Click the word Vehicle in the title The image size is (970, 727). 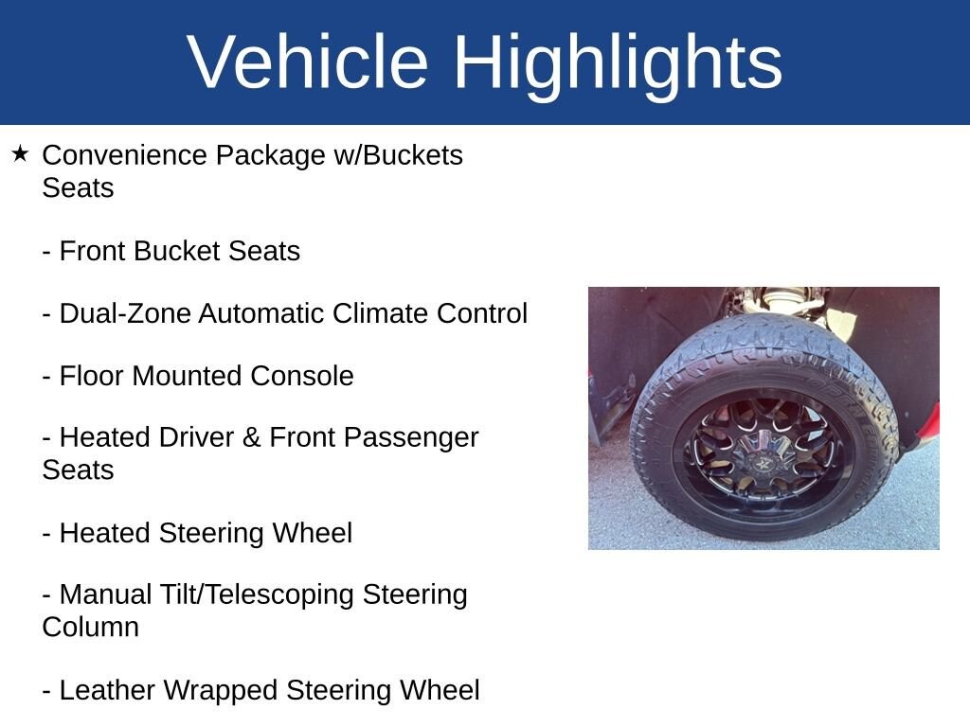pos(308,62)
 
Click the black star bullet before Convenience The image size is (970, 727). pos(20,154)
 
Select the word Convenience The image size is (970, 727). pos(124,155)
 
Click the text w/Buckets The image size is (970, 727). pos(399,155)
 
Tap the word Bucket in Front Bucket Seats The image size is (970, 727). pos(176,251)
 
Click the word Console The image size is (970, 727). pos(302,376)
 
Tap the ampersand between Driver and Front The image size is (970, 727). pos(251,437)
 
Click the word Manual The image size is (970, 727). pos(105,594)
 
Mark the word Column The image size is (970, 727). pos(90,628)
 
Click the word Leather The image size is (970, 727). pos(106,690)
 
